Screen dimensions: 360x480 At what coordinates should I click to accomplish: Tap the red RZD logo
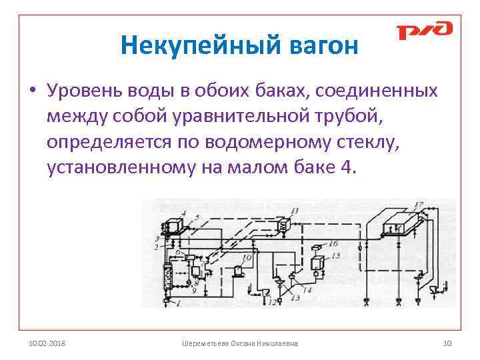pos(424,31)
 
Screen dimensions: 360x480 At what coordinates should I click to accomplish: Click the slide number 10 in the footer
pos(447,343)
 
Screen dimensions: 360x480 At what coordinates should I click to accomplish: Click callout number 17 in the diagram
pos(419,203)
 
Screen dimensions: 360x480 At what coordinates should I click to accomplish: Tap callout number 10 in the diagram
pos(247,257)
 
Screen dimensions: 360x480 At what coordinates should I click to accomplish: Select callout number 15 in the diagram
pos(335,255)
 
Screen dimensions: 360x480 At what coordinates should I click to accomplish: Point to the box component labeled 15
pos(317,261)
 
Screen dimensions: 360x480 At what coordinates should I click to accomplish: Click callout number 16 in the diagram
pos(334,243)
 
